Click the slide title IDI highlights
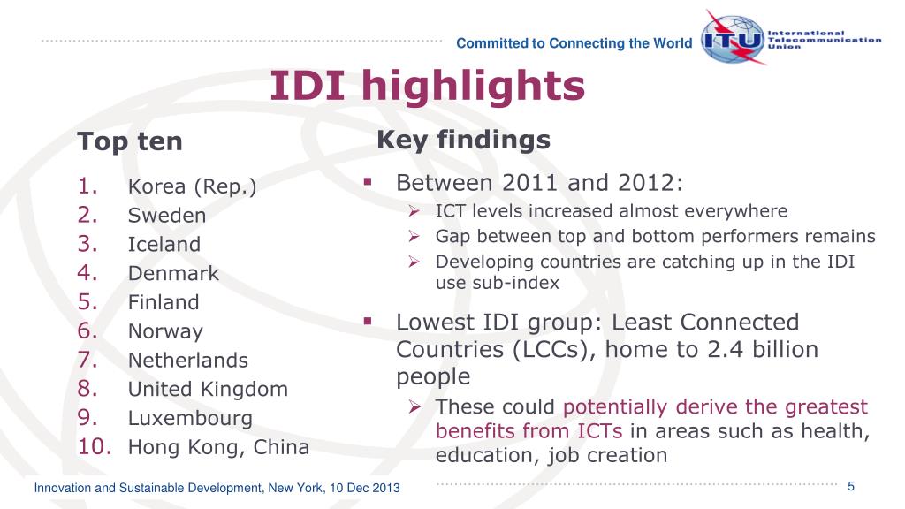pos(427,87)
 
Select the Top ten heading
pos(130,141)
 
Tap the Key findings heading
pos(463,140)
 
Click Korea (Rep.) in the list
pos(192,186)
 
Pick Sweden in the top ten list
pos(166,216)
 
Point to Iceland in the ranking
pos(164,245)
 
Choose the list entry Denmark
pos(172,274)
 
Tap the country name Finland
pos(164,302)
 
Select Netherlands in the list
pos(187,361)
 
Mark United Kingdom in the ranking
pos(208,389)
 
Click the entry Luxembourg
pos(190,418)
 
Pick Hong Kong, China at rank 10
pos(218,447)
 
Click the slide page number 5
pos(850,487)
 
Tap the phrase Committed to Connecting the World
pos(574,43)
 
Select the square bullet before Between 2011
pos(365,182)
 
